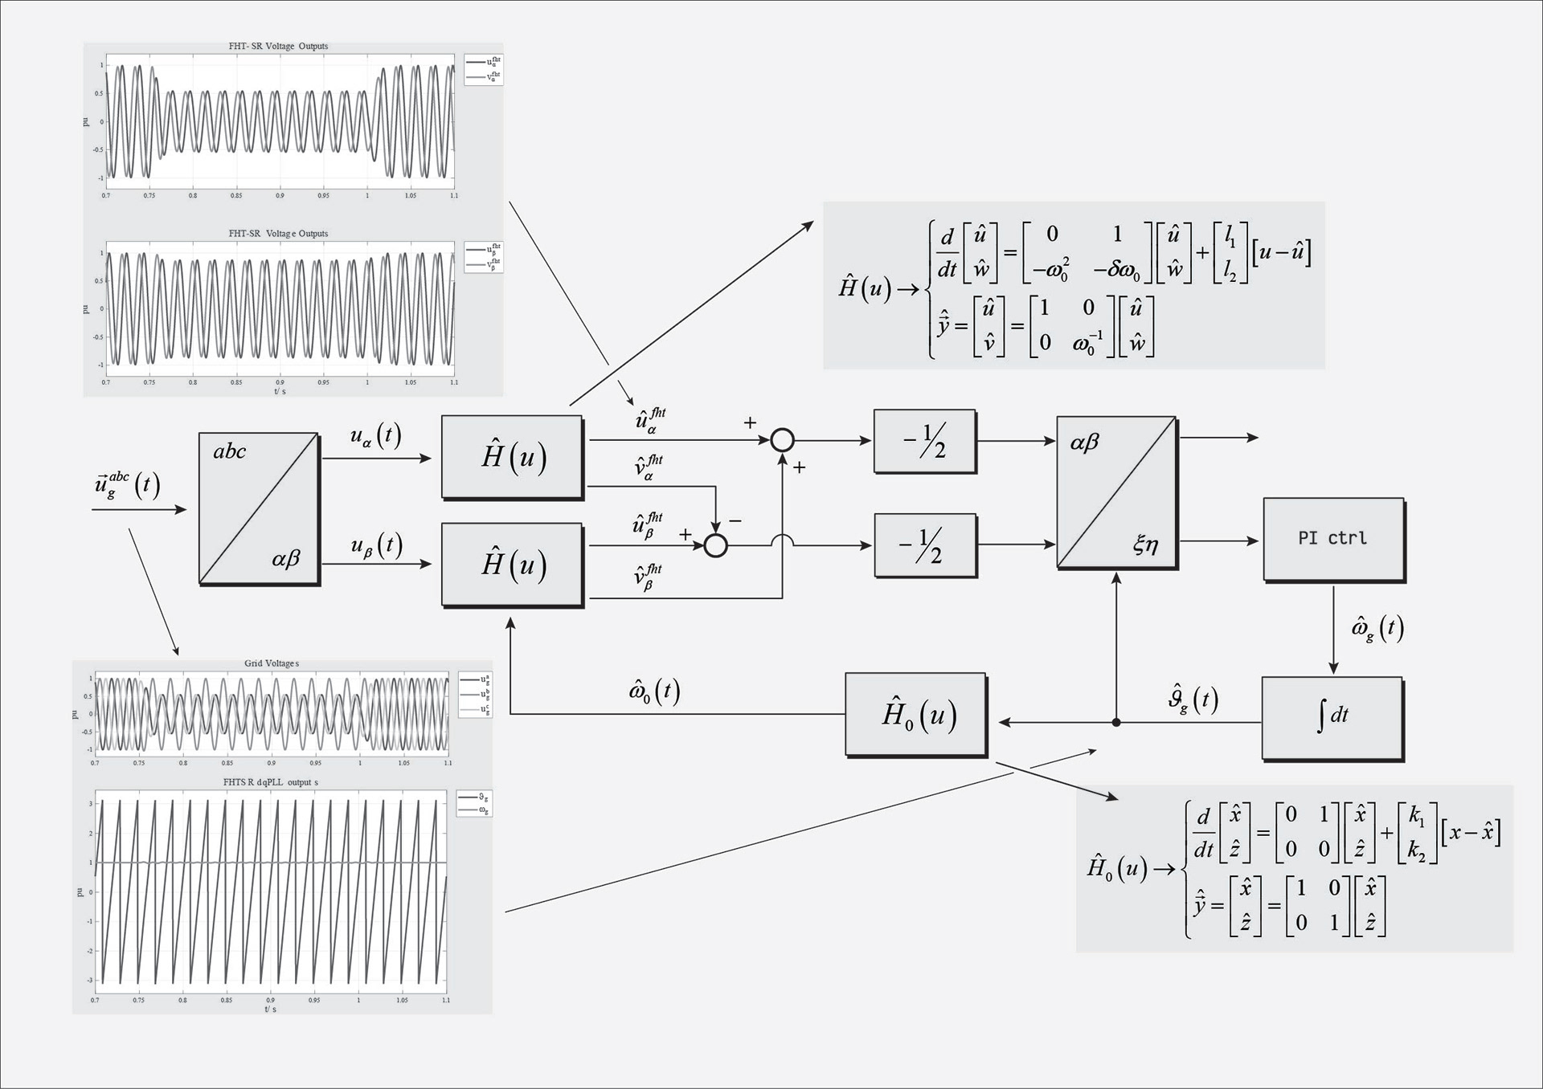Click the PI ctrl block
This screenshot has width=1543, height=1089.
[x=1333, y=539]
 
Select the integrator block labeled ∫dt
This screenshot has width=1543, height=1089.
[x=1332, y=717]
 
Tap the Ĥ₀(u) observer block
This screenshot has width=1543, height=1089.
[x=915, y=714]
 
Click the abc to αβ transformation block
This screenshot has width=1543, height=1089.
[x=258, y=508]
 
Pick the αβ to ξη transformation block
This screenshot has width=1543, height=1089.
[x=1116, y=492]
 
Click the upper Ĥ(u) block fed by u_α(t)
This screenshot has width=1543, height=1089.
[x=512, y=456]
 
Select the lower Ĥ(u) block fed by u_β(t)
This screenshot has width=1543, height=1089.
[x=512, y=564]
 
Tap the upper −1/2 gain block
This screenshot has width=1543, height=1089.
[x=924, y=441]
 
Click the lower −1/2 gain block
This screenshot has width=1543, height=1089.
[x=925, y=545]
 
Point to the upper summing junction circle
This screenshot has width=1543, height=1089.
[x=782, y=440]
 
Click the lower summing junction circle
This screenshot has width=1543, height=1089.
[x=715, y=546]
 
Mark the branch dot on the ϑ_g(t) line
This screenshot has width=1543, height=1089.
[x=1116, y=723]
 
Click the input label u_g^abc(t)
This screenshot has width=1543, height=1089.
[x=127, y=485]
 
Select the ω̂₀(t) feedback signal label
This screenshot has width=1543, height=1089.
[x=654, y=691]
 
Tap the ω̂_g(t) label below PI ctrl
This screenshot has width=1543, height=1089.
[x=1377, y=628]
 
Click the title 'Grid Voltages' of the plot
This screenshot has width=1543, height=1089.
[x=271, y=663]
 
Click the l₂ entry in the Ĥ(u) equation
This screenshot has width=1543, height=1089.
[x=1230, y=271]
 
